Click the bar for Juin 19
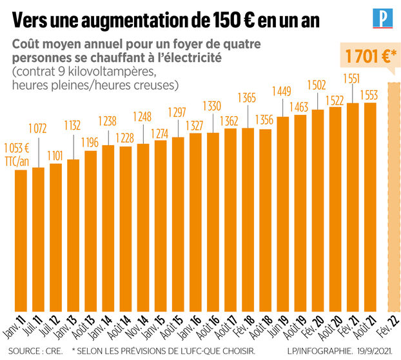click(282, 214)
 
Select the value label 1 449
click(282, 90)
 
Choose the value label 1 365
click(248, 97)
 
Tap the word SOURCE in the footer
click(22, 352)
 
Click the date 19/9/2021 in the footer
click(376, 352)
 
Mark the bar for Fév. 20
click(317, 210)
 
